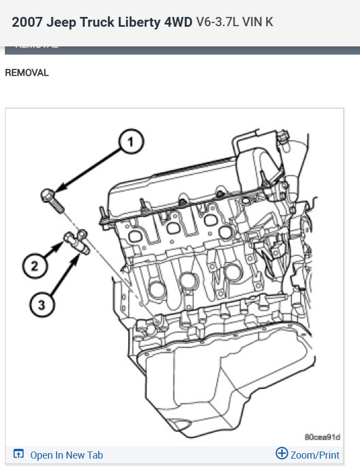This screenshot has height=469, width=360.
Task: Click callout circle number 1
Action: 130,143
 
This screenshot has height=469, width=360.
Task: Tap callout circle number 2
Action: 34,266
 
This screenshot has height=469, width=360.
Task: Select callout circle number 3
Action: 42,303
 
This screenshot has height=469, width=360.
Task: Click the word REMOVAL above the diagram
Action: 27,73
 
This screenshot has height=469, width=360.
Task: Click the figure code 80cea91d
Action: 322,437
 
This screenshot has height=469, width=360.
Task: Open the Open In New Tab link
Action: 67,455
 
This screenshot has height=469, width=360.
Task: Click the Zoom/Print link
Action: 315,455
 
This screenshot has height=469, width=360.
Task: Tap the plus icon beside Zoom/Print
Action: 281,454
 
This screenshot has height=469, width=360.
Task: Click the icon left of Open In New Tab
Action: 19,454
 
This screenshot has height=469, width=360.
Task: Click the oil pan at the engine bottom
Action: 218,382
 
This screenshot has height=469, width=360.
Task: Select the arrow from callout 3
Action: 63,276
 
